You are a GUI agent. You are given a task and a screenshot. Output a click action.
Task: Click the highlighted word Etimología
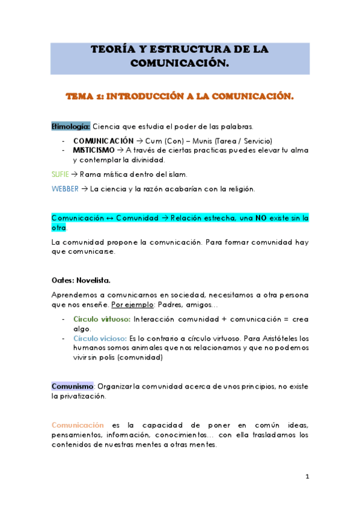tap(71, 126)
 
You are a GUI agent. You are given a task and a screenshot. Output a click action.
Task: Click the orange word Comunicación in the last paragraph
tap(78, 425)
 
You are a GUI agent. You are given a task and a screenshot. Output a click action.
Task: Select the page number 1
tap(307, 476)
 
